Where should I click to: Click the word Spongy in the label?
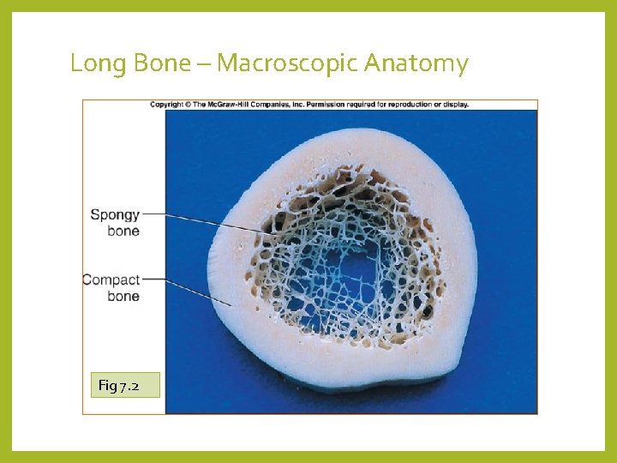[115, 215]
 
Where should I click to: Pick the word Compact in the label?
[111, 280]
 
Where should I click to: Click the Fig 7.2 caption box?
[125, 385]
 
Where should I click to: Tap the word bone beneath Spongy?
[123, 231]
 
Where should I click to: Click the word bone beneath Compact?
[123, 297]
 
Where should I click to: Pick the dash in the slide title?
[207, 64]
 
